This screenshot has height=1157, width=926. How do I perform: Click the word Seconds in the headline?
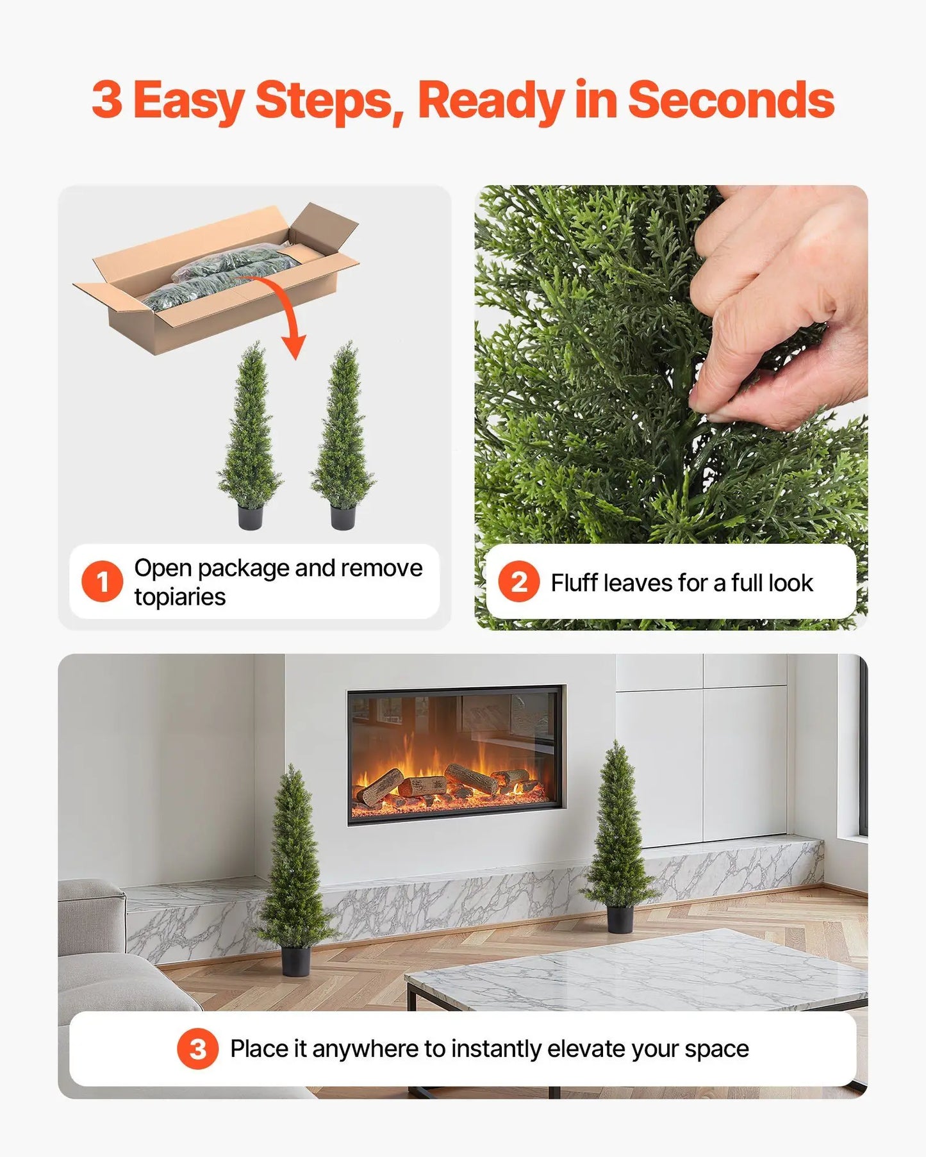pyautogui.click(x=731, y=100)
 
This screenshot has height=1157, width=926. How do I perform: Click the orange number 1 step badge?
pyautogui.click(x=102, y=582)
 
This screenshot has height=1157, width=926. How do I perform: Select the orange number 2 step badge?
pyautogui.click(x=518, y=582)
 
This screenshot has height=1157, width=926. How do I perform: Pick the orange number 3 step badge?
pyautogui.click(x=198, y=1049)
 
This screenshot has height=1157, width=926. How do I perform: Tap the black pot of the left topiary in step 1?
pyautogui.click(x=250, y=516)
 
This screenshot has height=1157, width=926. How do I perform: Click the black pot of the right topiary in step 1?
pyautogui.click(x=343, y=516)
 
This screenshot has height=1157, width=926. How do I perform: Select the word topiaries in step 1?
pyautogui.click(x=180, y=597)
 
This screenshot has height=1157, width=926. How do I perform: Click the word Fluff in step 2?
pyautogui.click(x=575, y=583)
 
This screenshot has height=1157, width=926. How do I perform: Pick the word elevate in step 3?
pyautogui.click(x=586, y=1049)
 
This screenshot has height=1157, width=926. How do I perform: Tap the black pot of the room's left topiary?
pyautogui.click(x=295, y=961)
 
